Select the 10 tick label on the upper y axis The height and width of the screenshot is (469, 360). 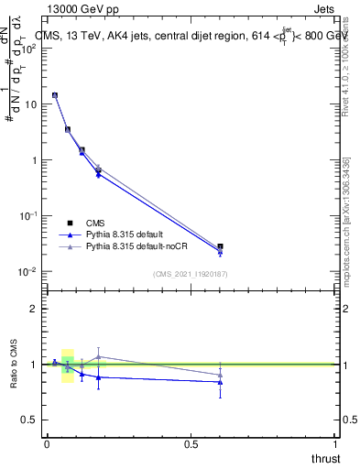(29, 104)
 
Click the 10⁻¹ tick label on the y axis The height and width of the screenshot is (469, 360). (27, 216)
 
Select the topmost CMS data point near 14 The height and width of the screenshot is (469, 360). (55, 95)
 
